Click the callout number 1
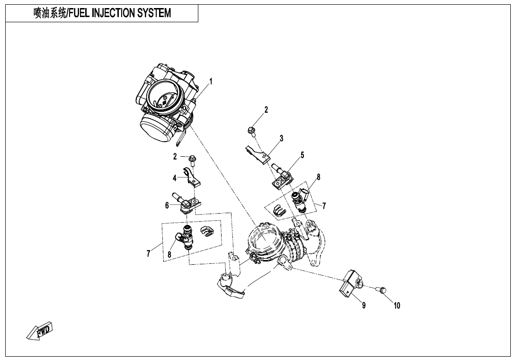tap(211, 81)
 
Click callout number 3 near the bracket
tap(281, 139)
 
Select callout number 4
tap(175, 179)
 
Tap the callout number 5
tap(302, 155)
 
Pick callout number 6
tap(167, 206)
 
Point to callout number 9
tap(364, 306)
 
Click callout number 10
tap(397, 306)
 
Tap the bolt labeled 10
tap(383, 289)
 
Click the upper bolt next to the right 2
tap(251, 129)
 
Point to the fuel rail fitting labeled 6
tap(187, 203)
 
